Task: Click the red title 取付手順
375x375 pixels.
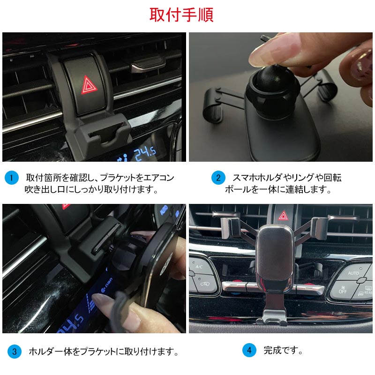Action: coord(182,15)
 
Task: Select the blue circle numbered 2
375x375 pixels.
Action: coord(218,178)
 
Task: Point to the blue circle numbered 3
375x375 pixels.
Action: coord(15,351)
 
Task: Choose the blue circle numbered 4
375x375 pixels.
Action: coord(249,350)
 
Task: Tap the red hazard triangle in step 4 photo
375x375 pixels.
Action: coord(283,215)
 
